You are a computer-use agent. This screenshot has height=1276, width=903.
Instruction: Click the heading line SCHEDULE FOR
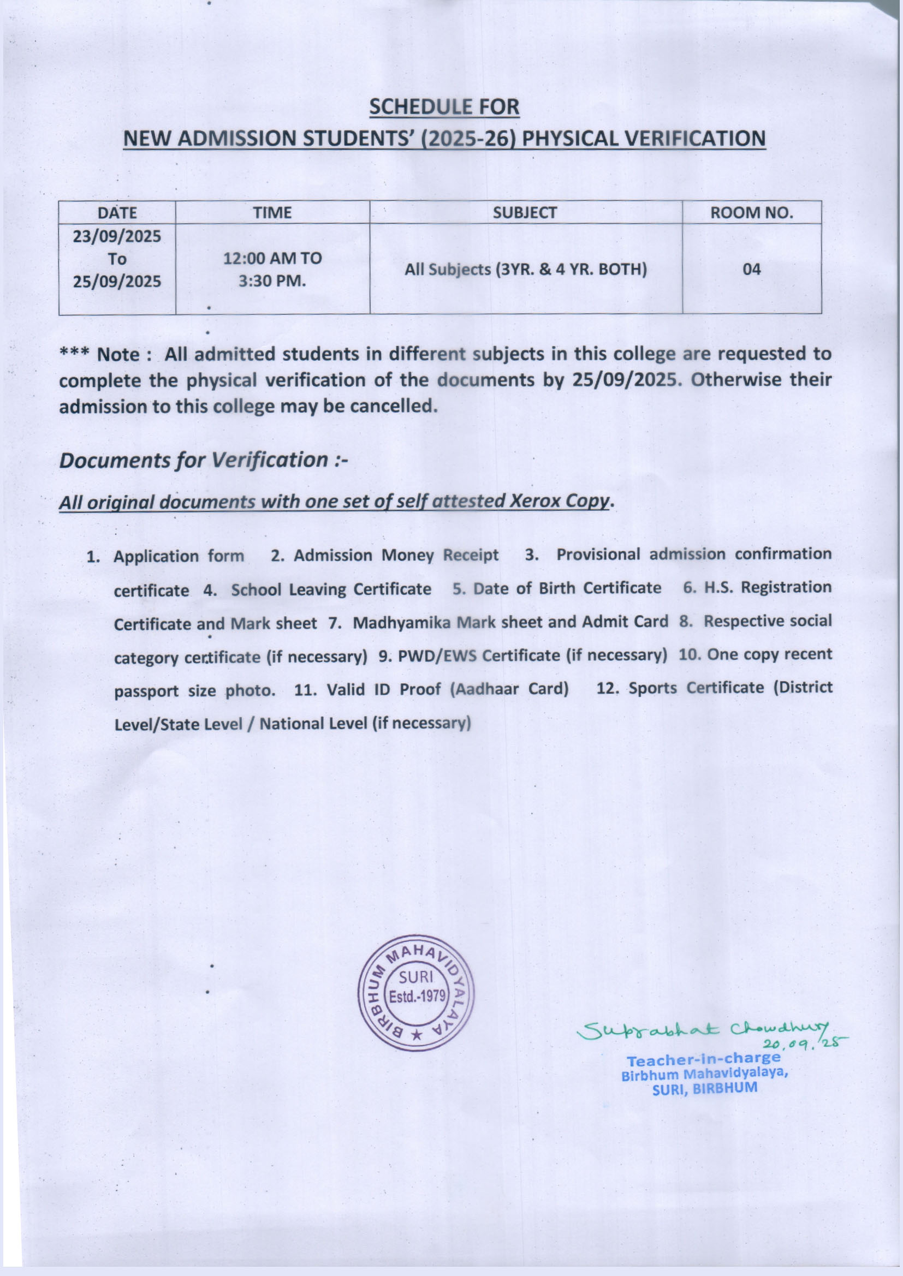(x=444, y=107)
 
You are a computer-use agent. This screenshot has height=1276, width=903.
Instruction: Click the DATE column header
(x=117, y=213)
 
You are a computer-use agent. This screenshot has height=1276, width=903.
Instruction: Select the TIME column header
(x=272, y=213)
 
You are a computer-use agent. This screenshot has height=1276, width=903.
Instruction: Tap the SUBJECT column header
(x=525, y=212)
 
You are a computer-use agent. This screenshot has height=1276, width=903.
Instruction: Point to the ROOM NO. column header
(x=751, y=212)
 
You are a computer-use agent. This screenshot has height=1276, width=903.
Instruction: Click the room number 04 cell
(x=751, y=270)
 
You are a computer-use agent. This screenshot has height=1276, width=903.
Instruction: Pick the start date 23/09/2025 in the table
(x=117, y=237)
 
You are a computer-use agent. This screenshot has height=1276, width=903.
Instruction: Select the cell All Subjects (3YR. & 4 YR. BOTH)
(x=525, y=270)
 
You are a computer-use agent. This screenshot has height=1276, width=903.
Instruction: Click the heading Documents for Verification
(x=203, y=460)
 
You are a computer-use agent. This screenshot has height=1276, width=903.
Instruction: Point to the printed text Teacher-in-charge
(x=703, y=1058)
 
